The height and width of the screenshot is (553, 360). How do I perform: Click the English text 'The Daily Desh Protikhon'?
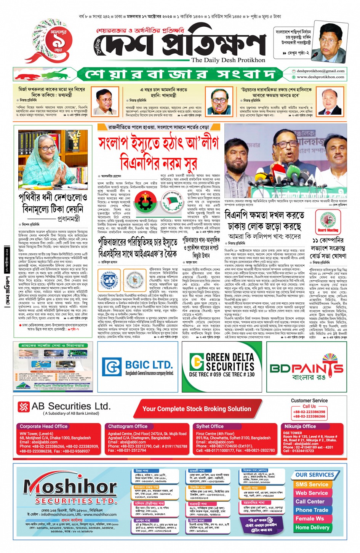pos(228,60)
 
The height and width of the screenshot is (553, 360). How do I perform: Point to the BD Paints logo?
pos(306,368)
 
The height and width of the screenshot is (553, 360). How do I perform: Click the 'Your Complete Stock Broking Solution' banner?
pos(197,409)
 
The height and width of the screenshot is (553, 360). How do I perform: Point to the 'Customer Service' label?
pos(309,400)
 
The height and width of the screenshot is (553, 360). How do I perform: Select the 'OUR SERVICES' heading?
pos(315,475)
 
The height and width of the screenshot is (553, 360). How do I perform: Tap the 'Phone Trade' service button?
pos(312,510)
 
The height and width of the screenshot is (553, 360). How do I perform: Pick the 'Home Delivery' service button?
pos(312,527)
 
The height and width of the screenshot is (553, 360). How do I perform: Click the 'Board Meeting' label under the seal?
pos(328,230)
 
